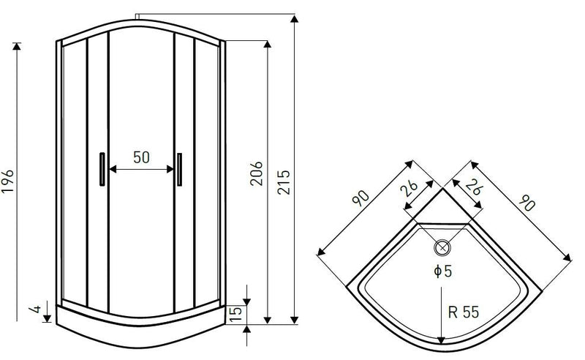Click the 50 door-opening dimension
click(141, 157)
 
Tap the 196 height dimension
click(8, 181)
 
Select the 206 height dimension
click(257, 173)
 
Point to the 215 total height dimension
click(284, 182)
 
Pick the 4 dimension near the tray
click(36, 309)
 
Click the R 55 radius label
click(464, 312)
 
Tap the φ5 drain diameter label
click(443, 271)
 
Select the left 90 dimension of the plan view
click(361, 198)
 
